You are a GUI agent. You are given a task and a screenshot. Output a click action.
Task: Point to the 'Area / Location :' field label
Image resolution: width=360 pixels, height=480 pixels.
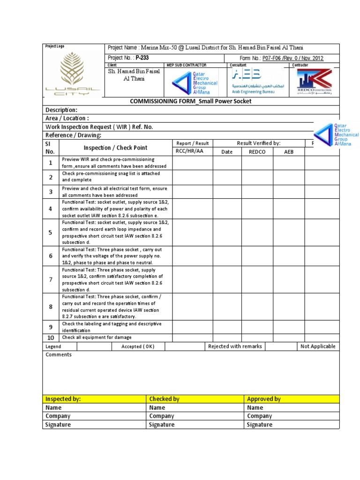click(x=67, y=118)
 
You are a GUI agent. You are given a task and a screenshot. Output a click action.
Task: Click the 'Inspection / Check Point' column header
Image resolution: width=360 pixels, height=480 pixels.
click(x=115, y=148)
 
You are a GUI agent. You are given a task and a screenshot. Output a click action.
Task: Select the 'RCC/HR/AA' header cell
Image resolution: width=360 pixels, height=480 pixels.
click(x=193, y=152)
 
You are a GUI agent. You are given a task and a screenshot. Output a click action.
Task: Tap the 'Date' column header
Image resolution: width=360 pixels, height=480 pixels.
click(x=227, y=152)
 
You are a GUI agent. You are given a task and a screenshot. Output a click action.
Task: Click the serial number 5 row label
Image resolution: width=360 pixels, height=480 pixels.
click(x=51, y=232)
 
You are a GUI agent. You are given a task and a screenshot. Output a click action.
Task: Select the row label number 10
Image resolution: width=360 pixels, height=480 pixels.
click(x=51, y=337)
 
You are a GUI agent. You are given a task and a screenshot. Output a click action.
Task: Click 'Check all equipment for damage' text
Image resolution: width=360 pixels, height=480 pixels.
click(x=97, y=337)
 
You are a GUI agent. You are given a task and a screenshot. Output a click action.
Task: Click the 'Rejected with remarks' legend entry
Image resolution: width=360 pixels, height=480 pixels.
click(x=234, y=346)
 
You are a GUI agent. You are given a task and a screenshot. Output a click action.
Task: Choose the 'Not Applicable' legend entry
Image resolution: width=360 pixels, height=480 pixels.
click(x=318, y=346)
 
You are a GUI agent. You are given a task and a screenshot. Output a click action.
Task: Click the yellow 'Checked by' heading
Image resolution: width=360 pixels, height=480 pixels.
click(x=164, y=399)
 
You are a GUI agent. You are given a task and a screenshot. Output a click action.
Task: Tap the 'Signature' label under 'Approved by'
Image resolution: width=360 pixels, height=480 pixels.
click(x=259, y=425)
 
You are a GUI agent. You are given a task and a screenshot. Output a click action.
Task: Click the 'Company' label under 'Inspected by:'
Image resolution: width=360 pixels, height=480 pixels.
click(x=58, y=416)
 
